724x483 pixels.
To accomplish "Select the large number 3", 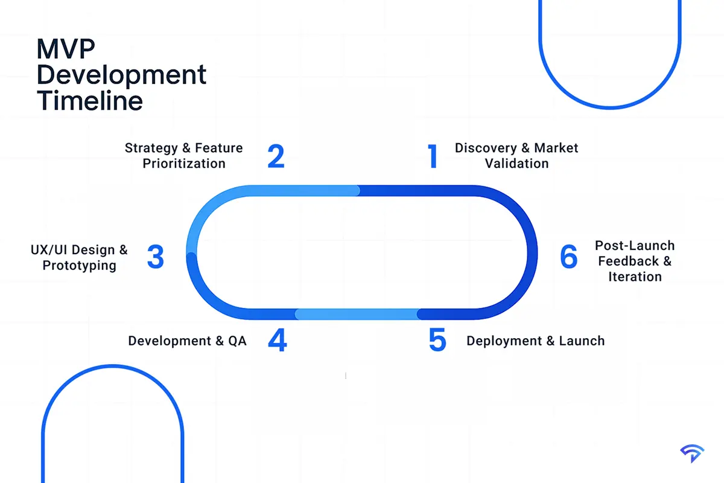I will (156, 257).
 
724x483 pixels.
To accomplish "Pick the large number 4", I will (277, 341).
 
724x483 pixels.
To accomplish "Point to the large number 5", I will (437, 341).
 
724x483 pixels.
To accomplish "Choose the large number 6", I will (568, 257).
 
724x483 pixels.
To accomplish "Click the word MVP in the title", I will (67, 50).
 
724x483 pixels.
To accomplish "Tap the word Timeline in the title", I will (90, 100).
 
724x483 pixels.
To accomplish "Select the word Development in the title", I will (121, 75).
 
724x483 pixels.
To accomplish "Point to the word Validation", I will (516, 163).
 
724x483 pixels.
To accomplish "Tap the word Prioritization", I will (184, 163).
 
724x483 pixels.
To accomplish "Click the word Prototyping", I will (79, 265).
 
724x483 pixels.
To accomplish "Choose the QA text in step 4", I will (237, 341).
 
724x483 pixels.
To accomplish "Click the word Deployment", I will (505, 341).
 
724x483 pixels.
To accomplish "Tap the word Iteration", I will (635, 277).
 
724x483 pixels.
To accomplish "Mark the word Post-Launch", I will (635, 246).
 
